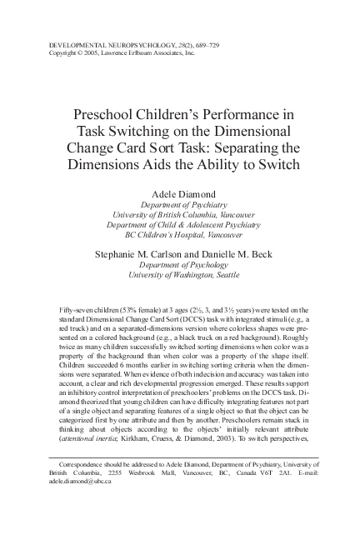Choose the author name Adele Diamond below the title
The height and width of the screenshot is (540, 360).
pyautogui.click(x=179, y=192)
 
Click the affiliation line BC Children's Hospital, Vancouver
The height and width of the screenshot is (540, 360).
pyautogui.click(x=179, y=235)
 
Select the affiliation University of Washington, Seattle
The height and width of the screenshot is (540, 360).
pyautogui.click(x=179, y=274)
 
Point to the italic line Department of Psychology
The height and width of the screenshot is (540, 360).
pyautogui.click(x=179, y=263)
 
